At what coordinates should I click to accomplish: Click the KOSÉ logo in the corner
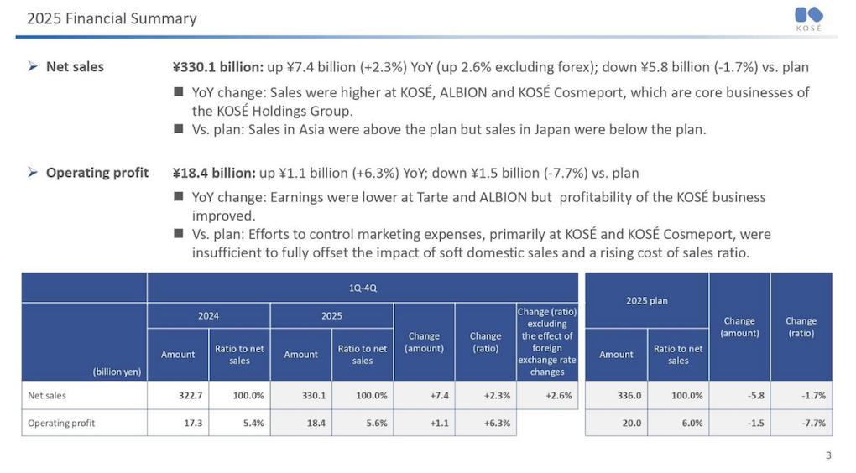tap(808, 18)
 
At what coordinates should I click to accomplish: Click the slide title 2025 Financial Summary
tap(112, 18)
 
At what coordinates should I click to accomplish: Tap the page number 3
tap(828, 456)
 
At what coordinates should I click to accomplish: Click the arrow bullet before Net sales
tap(32, 67)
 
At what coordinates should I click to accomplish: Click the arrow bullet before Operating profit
tap(32, 174)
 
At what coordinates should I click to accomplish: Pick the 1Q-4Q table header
tap(363, 287)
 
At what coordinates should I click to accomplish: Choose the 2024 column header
tap(208, 316)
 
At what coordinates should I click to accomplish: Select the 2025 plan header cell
tap(646, 300)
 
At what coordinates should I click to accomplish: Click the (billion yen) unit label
tap(117, 371)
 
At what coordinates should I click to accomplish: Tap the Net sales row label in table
tap(47, 395)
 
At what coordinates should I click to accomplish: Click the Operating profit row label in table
tap(61, 423)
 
